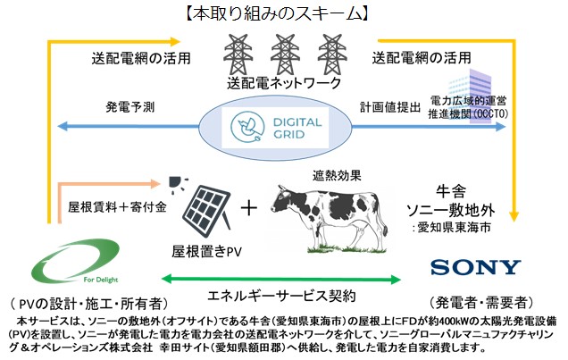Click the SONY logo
pyautogui.click(x=476, y=268)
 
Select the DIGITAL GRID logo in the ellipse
pyautogui.click(x=275, y=127)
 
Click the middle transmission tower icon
pyautogui.click(x=285, y=54)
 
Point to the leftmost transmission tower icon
pyautogui.click(x=238, y=54)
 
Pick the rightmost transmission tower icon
pyautogui.click(x=332, y=54)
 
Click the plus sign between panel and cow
pyautogui.click(x=249, y=208)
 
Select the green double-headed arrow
pyautogui.click(x=281, y=280)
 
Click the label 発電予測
pyautogui.click(x=130, y=107)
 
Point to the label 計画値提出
pyautogui.click(x=390, y=107)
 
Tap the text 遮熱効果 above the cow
pyautogui.click(x=337, y=176)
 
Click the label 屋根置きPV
pyautogui.click(x=206, y=251)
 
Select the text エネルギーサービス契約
pyautogui.click(x=281, y=296)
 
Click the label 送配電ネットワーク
pyautogui.click(x=284, y=83)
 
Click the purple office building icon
pyautogui.click(x=471, y=96)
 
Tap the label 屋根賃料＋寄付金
pyautogui.click(x=117, y=207)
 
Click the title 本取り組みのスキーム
pyautogui.click(x=278, y=13)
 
